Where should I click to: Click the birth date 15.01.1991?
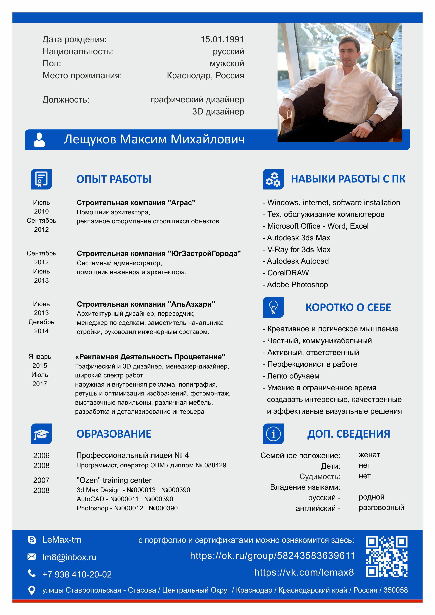(x=222, y=39)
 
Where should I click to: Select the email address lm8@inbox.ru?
(x=69, y=557)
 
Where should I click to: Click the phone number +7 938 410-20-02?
(x=77, y=574)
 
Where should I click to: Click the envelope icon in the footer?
(x=32, y=557)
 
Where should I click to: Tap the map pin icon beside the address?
(x=32, y=590)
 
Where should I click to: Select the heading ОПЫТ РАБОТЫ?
(x=114, y=179)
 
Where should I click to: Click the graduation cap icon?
(x=41, y=434)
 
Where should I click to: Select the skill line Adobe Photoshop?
(x=297, y=285)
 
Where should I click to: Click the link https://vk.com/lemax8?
(x=304, y=572)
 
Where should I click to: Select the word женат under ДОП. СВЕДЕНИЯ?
(x=369, y=455)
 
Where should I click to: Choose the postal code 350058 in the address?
(x=395, y=590)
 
